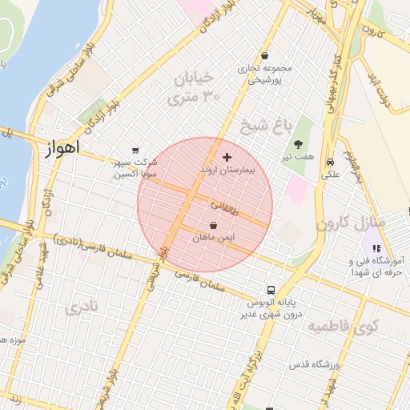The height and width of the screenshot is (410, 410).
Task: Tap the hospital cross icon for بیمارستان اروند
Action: click(227, 158)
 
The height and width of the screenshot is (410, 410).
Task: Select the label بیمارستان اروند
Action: click(227, 171)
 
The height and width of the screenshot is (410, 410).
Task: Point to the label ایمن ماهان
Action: click(212, 238)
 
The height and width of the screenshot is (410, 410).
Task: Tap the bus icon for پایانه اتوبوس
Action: click(271, 290)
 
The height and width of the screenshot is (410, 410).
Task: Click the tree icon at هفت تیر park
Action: click(299, 145)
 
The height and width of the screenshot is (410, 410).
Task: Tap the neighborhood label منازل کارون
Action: click(352, 222)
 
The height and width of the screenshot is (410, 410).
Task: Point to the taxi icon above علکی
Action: click(330, 162)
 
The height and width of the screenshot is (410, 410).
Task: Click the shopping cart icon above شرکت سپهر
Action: click(135, 150)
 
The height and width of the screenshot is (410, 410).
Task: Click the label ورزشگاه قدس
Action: click(315, 365)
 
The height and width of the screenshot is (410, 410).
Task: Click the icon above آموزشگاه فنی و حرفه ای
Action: click(376, 248)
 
